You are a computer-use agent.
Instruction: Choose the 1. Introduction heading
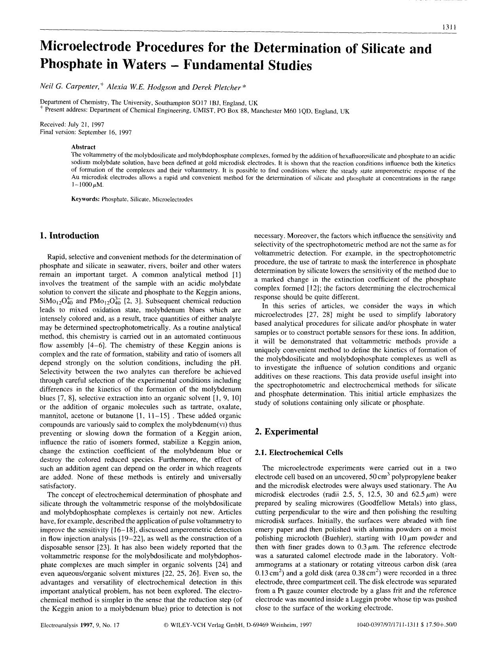[x=69, y=236]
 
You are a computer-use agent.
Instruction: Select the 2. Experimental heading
[x=286, y=431]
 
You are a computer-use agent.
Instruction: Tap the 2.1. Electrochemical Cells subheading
[x=299, y=452]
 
